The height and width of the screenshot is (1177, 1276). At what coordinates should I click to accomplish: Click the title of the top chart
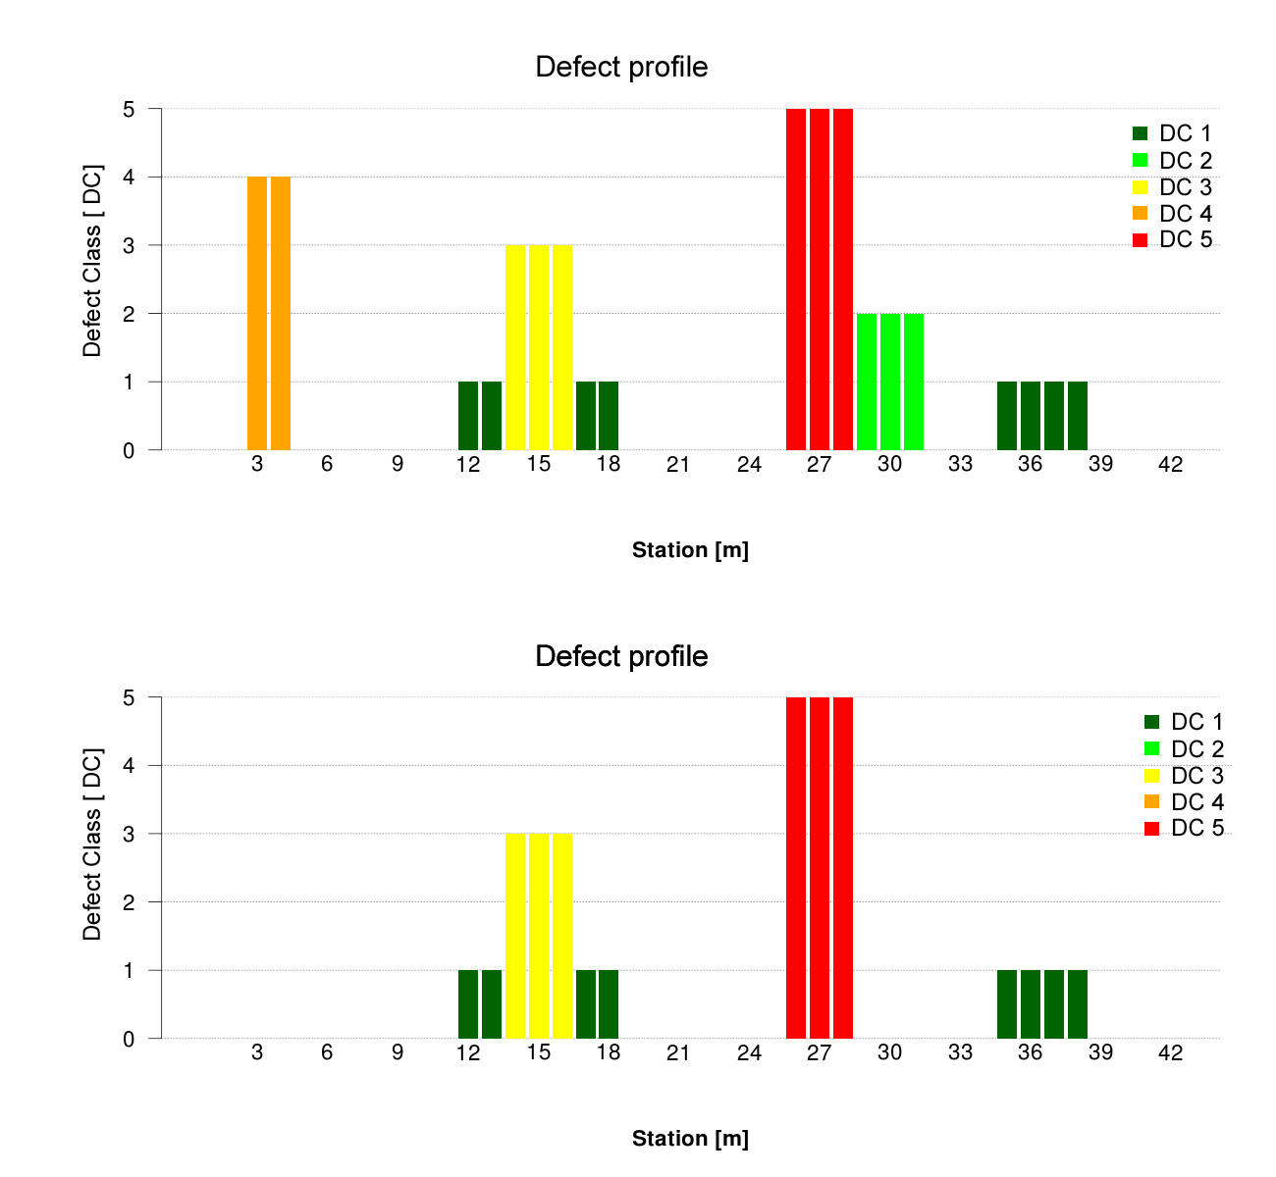coord(621,67)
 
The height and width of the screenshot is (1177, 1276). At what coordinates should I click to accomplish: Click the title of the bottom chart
coord(621,655)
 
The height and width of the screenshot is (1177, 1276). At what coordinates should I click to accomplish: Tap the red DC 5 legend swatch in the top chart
coord(1140,240)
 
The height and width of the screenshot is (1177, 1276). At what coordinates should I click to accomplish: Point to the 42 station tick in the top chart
coord(1170,465)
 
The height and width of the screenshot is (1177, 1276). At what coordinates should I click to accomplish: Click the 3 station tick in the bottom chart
coord(257,1053)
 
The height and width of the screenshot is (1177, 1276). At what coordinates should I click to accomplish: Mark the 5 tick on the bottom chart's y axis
coord(129,698)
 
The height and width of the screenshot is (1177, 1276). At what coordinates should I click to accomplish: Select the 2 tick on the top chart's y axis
coord(129,314)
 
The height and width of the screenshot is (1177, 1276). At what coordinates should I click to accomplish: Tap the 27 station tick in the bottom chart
coord(819,1053)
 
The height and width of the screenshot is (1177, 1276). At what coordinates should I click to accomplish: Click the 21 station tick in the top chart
coord(678,465)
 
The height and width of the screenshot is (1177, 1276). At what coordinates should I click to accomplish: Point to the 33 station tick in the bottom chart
coord(960,1053)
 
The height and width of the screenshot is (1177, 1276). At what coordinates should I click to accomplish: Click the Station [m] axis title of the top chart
coord(690,550)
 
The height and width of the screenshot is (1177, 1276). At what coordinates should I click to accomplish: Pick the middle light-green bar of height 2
coord(890,382)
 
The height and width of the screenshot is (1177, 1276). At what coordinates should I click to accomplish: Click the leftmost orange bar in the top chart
coord(257,313)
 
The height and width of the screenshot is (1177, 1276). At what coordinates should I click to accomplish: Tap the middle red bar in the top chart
coord(820,280)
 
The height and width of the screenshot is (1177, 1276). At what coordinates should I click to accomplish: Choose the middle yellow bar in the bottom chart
coord(539,936)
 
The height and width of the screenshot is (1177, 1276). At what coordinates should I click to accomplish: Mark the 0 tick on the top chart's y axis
coord(129,451)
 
